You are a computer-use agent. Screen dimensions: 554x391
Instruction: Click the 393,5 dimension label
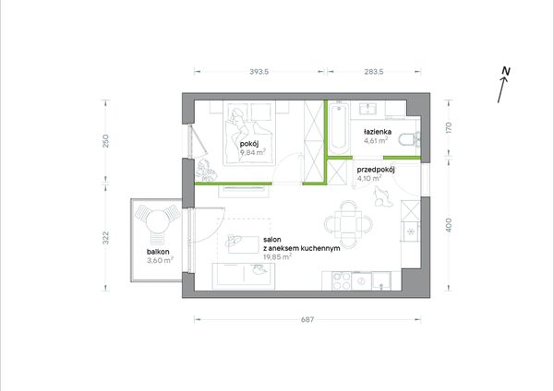coord(259,72)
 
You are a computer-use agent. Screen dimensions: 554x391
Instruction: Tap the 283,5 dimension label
coord(373,72)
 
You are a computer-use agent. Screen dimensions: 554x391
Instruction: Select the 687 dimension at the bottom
coord(307,319)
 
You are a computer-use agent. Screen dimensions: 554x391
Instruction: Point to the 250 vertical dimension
coord(105,141)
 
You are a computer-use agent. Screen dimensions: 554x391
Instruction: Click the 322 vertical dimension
coord(105,238)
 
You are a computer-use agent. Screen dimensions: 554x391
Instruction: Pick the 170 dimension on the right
coord(449,127)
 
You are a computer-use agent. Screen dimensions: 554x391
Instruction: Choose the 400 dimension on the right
coord(449,225)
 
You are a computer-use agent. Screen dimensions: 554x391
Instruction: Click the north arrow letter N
coord(506,71)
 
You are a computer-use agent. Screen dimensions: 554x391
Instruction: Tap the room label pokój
coord(249,144)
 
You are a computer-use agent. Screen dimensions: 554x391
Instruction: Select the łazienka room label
coord(378,132)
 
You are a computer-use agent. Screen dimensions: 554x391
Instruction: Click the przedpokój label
coord(376,170)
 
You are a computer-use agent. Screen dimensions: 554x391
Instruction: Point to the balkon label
coord(158,252)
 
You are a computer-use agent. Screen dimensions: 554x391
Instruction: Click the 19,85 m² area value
coord(277,257)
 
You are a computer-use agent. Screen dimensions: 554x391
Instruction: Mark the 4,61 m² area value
coord(376,140)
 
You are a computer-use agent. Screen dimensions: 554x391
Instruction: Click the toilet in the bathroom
coord(409,139)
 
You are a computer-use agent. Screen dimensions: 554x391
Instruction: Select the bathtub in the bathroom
coord(339,128)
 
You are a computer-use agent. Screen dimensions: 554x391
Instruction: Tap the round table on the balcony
coord(156,221)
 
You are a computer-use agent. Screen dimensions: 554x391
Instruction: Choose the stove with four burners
coord(342,281)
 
